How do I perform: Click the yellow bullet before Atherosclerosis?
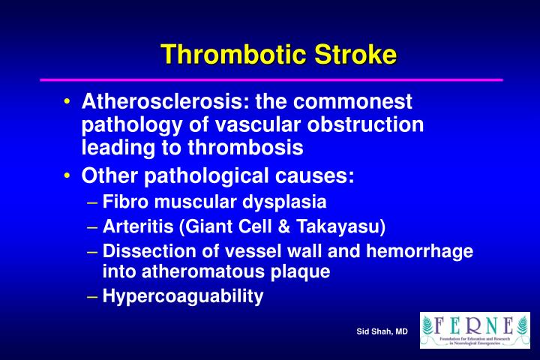[68, 101]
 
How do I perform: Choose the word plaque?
[303, 272]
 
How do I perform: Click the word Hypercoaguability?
[183, 297]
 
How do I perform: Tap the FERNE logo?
[475, 330]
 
